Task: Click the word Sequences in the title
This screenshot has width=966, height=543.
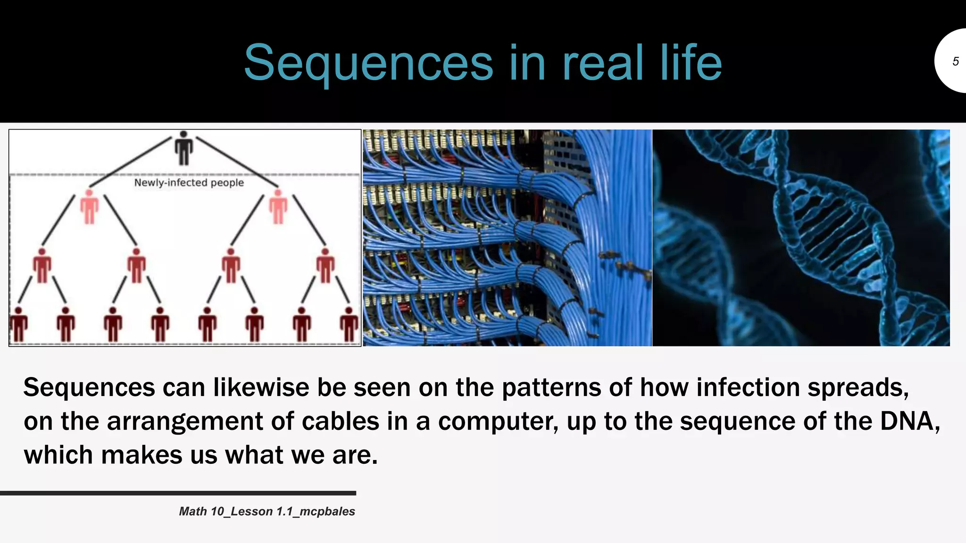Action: tap(368, 63)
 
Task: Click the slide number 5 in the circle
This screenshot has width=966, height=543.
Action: tap(955, 61)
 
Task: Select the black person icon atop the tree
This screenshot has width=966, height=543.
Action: tap(183, 148)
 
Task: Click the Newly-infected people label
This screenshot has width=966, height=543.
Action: tap(189, 183)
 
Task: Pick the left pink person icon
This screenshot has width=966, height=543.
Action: tap(89, 206)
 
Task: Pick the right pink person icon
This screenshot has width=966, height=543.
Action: tap(278, 206)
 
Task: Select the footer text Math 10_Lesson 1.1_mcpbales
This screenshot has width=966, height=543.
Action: tap(267, 511)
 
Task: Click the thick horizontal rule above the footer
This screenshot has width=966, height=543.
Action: tap(178, 493)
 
